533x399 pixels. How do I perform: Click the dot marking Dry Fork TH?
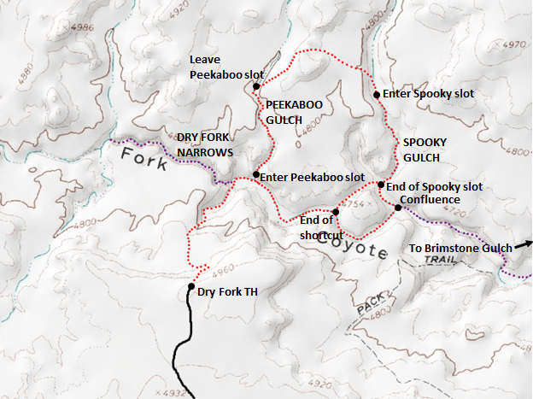click(x=191, y=287)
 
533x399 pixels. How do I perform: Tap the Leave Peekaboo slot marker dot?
click(x=255, y=86)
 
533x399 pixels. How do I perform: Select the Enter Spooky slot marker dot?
click(x=377, y=94)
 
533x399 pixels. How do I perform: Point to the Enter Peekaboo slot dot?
click(x=255, y=174)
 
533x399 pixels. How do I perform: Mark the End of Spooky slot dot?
click(x=381, y=185)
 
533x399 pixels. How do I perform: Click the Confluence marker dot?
click(x=398, y=208)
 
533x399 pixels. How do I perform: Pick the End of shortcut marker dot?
click(x=336, y=211)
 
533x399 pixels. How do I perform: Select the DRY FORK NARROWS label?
click(x=205, y=144)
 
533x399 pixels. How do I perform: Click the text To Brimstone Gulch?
click(x=460, y=248)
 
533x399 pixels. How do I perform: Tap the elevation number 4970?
click(x=516, y=44)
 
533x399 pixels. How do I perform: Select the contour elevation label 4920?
click(x=177, y=14)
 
